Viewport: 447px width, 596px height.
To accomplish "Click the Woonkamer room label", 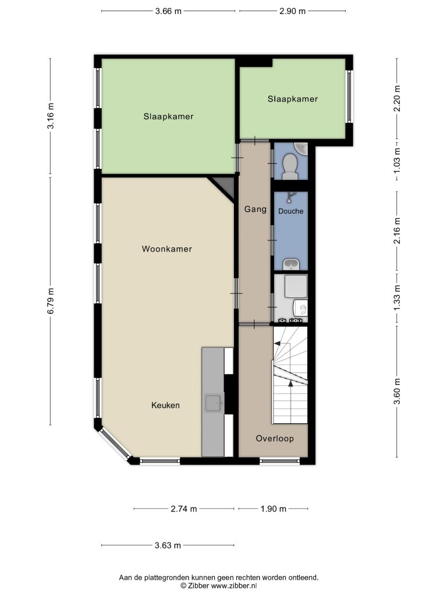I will pyautogui.click(x=166, y=249).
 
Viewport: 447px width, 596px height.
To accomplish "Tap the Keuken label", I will pyautogui.click(x=165, y=405).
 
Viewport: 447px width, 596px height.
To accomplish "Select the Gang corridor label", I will pyautogui.click(x=255, y=209).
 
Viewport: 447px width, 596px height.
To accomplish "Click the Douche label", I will pyautogui.click(x=290, y=211).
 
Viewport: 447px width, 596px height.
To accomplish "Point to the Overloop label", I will pyautogui.click(x=274, y=438).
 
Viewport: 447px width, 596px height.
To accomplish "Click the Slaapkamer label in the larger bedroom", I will pyautogui.click(x=168, y=116).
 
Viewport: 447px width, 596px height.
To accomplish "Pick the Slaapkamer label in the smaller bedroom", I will pyautogui.click(x=293, y=99).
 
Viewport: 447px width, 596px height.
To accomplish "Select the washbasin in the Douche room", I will pyautogui.click(x=291, y=265).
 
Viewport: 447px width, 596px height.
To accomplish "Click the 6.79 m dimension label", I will pyautogui.click(x=51, y=301).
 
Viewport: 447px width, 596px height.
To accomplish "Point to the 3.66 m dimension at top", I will pyautogui.click(x=168, y=11).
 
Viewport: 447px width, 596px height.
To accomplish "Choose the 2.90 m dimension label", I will pyautogui.click(x=292, y=11).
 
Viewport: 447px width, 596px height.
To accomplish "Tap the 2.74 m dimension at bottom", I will pyautogui.click(x=184, y=509).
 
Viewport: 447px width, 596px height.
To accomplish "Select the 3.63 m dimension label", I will pyautogui.click(x=168, y=545).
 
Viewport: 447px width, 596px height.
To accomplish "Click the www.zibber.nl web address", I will pyautogui.click(x=231, y=586).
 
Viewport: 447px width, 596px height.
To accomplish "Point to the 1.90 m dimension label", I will pyautogui.click(x=273, y=509).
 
